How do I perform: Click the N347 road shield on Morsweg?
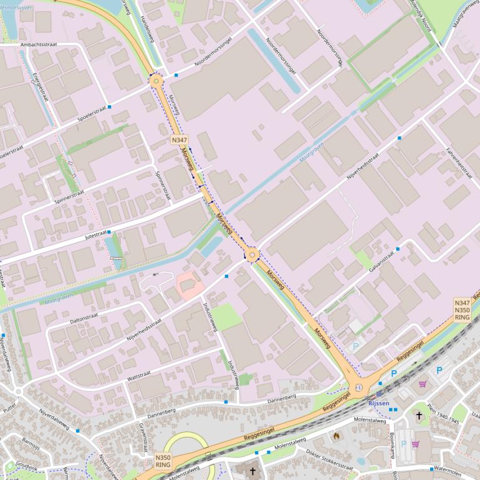coord(180,141)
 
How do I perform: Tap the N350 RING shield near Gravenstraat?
coord(163,461)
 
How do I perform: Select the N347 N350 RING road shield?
coord(462,309)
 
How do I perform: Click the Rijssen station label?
coord(378,403)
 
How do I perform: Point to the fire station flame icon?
coord(337,436)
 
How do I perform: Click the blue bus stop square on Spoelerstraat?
coord(110,107)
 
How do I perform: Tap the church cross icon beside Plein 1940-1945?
coord(419,415)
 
